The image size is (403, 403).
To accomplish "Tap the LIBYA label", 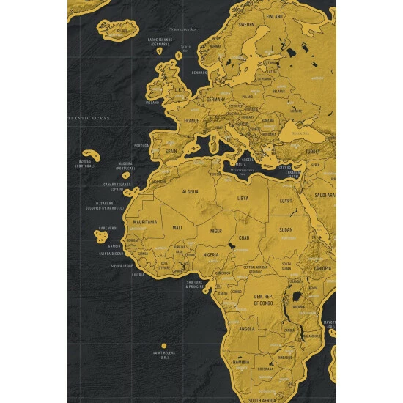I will (x=243, y=198).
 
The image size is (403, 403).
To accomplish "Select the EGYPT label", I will (x=286, y=200).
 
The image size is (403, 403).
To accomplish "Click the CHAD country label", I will (x=244, y=237).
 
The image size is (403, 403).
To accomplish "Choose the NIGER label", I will (x=216, y=231).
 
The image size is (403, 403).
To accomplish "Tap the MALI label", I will (x=177, y=228).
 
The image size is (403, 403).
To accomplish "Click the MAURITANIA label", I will (x=144, y=221).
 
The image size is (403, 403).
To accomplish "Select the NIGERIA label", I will (x=211, y=255).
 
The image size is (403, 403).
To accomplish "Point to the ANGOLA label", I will (x=248, y=328).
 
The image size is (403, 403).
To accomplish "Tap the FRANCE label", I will (x=191, y=120).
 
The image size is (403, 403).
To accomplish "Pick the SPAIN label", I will (x=171, y=151).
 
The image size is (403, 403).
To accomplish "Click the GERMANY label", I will (x=215, y=98).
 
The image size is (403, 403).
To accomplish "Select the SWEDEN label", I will (x=246, y=24).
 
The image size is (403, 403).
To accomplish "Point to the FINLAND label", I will (x=274, y=15).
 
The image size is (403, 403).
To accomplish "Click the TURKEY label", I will (x=313, y=152).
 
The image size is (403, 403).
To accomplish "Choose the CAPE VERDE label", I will (x=108, y=228).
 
